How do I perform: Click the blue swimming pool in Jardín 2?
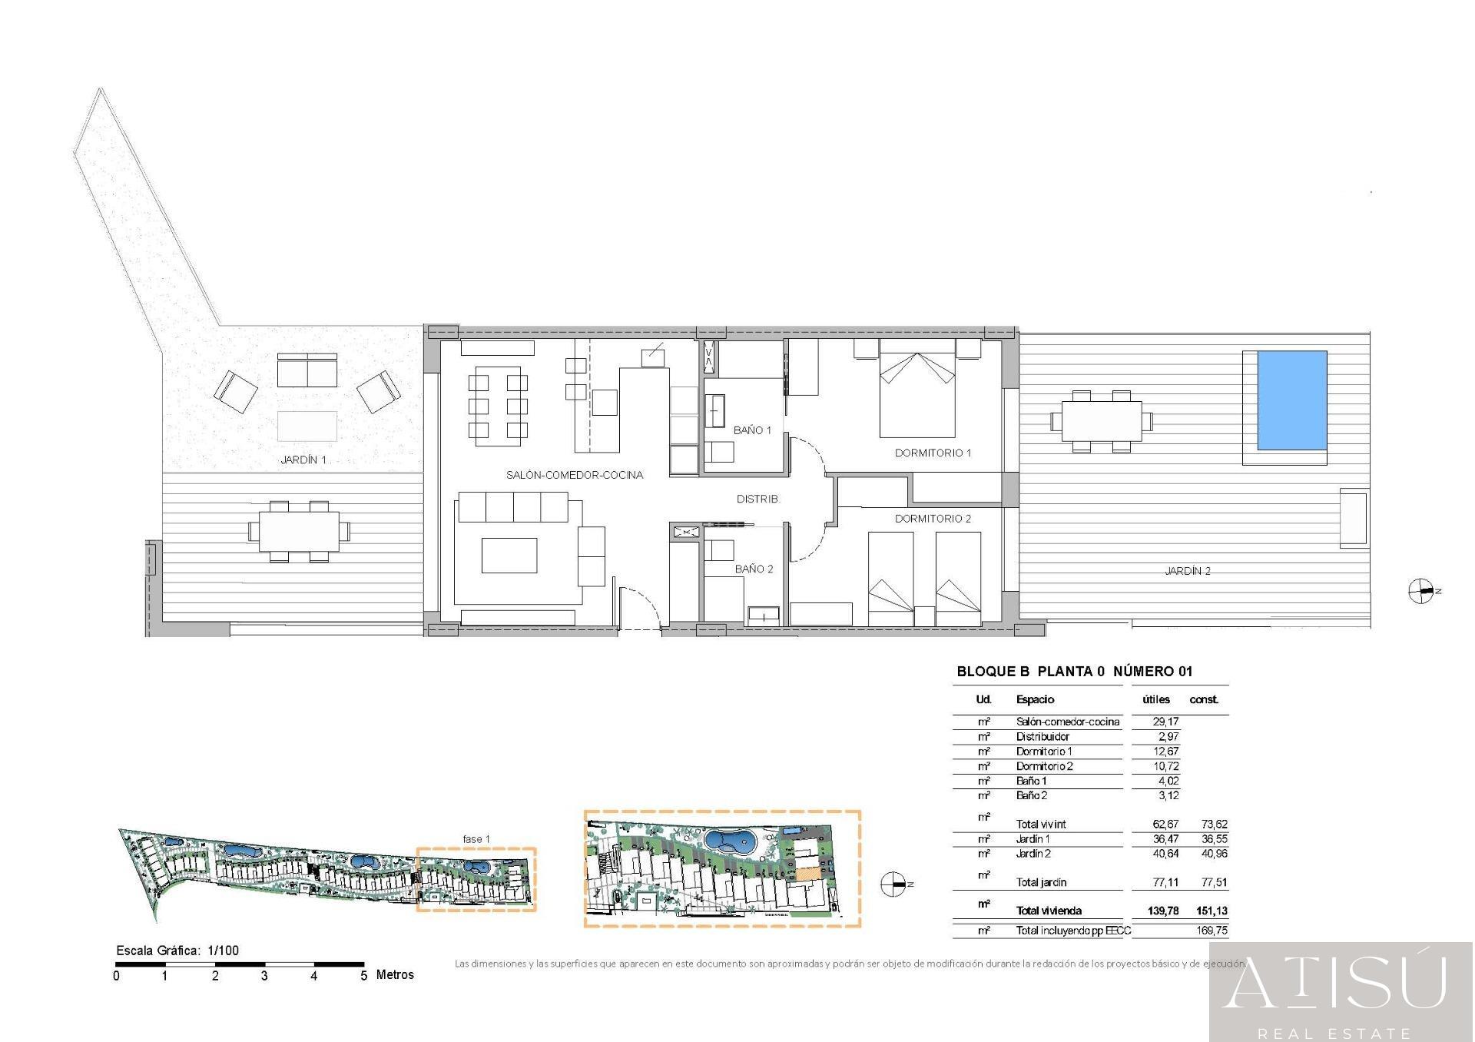[1291, 400]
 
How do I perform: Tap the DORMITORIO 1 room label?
[933, 453]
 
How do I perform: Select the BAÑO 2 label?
[754, 569]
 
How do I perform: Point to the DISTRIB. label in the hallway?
[758, 499]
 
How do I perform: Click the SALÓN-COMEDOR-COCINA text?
[575, 475]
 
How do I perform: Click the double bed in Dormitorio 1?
[917, 394]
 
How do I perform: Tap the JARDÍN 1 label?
[303, 460]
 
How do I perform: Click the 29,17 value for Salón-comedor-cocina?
[1165, 722]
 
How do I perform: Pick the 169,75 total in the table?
[1211, 931]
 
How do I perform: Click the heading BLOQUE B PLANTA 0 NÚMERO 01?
[1074, 672]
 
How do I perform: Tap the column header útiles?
[1156, 699]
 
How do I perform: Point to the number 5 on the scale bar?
[364, 976]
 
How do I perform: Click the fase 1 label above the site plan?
[476, 839]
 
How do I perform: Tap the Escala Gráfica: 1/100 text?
[177, 951]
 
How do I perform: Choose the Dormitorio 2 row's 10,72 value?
[1165, 766]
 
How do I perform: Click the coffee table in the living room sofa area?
[509, 556]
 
